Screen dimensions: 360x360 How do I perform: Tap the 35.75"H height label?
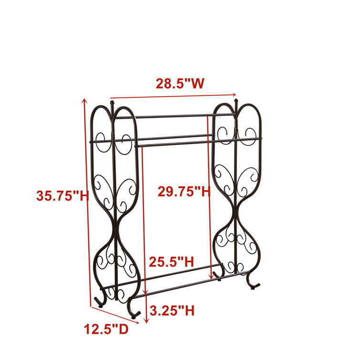point(62,195)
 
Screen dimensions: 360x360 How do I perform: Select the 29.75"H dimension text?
point(184,192)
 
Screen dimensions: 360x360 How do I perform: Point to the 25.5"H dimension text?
point(171,261)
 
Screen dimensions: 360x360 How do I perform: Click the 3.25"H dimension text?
point(172,311)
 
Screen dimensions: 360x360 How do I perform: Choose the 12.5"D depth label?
point(106,329)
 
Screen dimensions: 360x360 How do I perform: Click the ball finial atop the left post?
point(113,103)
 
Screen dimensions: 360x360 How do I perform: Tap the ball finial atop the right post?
point(236,102)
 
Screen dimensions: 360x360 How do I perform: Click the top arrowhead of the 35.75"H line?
point(85,100)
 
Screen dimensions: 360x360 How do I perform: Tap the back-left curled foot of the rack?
point(100,301)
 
